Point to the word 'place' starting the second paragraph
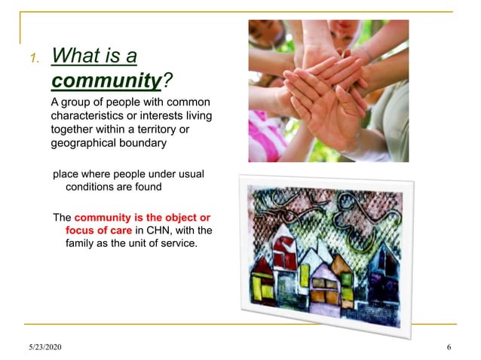(66, 174)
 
